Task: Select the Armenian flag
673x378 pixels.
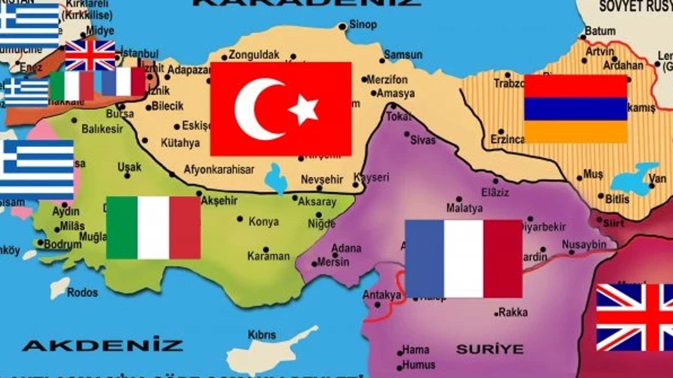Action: pyautogui.click(x=576, y=109)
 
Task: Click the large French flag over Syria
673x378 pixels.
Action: pyautogui.click(x=463, y=258)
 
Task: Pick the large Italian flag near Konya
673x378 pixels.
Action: pyautogui.click(x=153, y=228)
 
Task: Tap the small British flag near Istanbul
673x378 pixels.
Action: pyautogui.click(x=90, y=55)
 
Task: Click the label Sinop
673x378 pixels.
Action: pyautogui.click(x=363, y=25)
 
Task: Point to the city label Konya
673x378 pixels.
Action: pyautogui.click(x=263, y=222)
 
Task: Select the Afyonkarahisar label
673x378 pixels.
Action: pyautogui.click(x=219, y=170)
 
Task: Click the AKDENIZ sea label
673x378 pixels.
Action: pyautogui.click(x=103, y=345)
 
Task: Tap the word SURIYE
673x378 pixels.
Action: pyautogui.click(x=490, y=349)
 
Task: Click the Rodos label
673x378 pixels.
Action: pyautogui.click(x=82, y=292)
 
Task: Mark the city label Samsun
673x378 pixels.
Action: pyautogui.click(x=403, y=55)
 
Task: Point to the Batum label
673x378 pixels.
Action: pyautogui.click(x=600, y=31)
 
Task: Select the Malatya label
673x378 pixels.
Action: pyautogui.click(x=464, y=208)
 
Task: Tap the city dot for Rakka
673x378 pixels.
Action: pyautogui.click(x=496, y=314)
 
